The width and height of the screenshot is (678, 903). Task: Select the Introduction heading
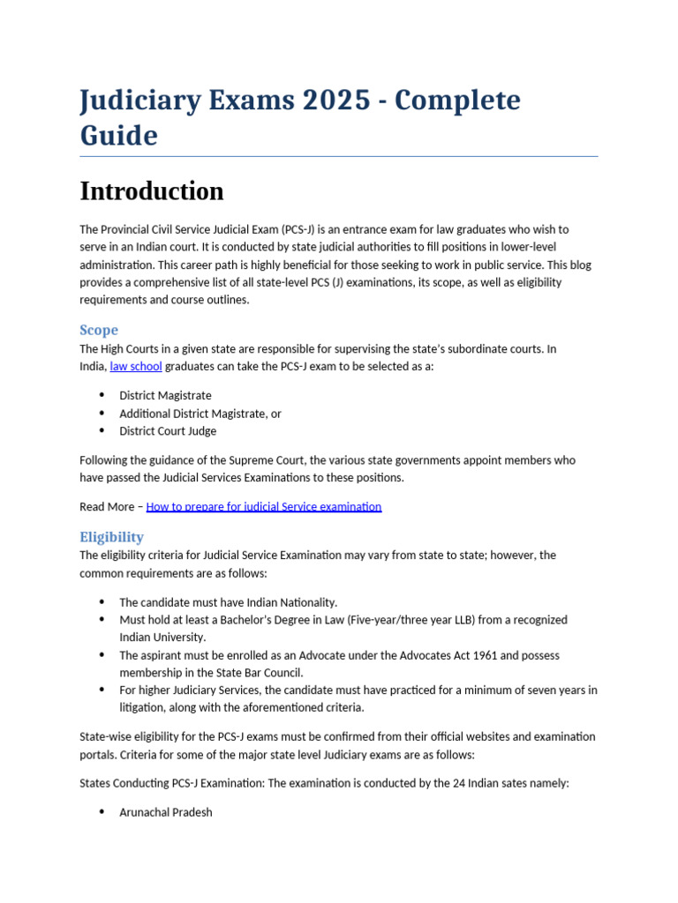point(151,190)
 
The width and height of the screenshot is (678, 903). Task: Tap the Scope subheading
point(99,330)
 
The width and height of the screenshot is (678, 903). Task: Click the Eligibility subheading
point(111,536)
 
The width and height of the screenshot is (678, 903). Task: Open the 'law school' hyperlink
point(136,366)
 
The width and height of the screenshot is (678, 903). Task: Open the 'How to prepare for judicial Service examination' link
point(263,506)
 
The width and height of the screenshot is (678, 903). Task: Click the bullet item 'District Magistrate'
point(165,396)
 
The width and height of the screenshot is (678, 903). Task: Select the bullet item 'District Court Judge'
point(168,431)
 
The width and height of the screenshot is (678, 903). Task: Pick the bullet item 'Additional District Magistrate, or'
point(200,414)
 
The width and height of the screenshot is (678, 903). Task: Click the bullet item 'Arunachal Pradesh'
point(166,812)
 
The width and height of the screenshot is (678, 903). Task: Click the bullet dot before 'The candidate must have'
point(102,602)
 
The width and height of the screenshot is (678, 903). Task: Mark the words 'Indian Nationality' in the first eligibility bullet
point(292,602)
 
